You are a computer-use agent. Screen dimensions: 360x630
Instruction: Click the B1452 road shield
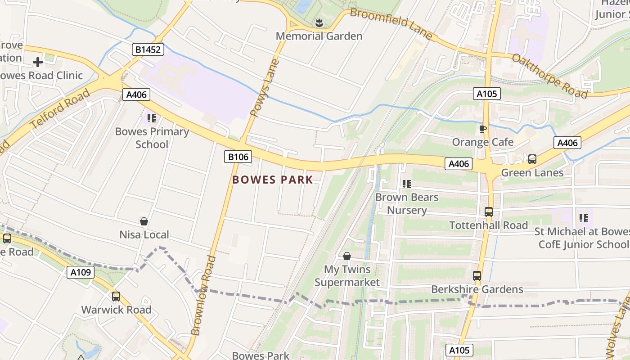click(x=148, y=49)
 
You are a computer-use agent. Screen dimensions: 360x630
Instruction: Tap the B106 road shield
click(x=238, y=157)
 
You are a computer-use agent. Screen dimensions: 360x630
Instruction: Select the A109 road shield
click(x=81, y=272)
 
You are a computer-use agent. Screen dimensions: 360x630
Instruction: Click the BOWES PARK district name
click(x=272, y=180)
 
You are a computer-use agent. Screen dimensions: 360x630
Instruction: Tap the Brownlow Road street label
click(x=203, y=295)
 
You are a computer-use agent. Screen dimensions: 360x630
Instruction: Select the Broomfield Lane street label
click(x=391, y=23)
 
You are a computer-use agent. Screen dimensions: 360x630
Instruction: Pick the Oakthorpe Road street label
click(x=549, y=76)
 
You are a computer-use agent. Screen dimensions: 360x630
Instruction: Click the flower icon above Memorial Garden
click(x=319, y=22)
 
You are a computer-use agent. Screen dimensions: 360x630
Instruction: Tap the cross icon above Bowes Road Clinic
click(x=38, y=62)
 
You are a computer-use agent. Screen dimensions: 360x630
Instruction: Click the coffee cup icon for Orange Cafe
click(x=483, y=129)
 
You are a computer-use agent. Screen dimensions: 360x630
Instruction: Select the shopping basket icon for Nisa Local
click(x=144, y=221)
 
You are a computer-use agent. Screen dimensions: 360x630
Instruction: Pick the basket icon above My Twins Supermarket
click(x=347, y=256)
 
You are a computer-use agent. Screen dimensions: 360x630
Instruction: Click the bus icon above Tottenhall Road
click(x=489, y=211)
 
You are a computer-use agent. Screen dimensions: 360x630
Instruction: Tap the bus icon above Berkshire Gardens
click(x=477, y=276)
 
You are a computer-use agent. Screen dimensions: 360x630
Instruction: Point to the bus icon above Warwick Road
click(x=116, y=297)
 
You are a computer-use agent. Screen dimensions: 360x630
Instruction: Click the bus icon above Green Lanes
click(x=532, y=159)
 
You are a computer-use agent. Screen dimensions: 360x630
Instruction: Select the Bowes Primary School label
click(x=152, y=138)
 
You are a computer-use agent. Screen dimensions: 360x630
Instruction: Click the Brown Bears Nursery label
click(x=407, y=203)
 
